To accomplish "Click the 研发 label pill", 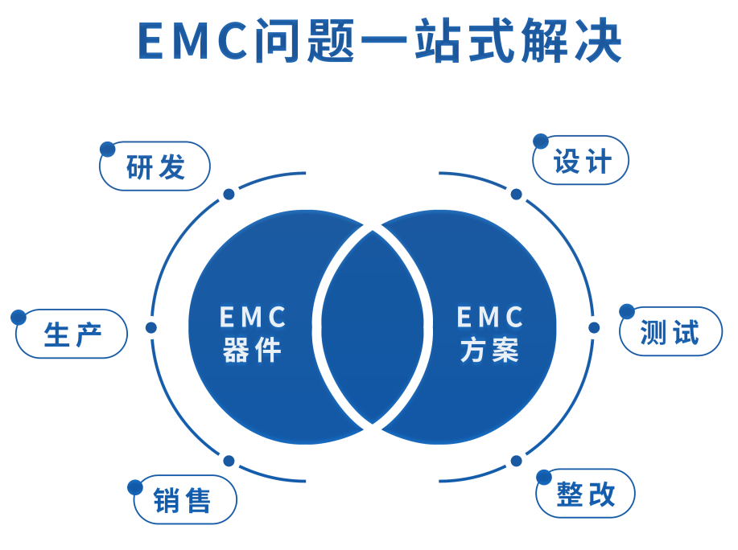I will [155, 168].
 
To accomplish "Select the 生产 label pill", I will [72, 333].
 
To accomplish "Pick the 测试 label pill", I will [671, 330].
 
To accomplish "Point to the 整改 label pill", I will [586, 492].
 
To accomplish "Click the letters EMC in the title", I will [192, 42].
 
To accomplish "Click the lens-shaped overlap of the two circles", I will [373, 328].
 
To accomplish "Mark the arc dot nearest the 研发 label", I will [229, 194].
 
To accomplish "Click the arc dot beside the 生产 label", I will [150, 327].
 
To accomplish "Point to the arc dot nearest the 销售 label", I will [229, 461].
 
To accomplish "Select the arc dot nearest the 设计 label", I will [516, 194].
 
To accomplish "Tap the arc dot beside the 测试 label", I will [594, 327].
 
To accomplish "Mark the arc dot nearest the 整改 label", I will [516, 461].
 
